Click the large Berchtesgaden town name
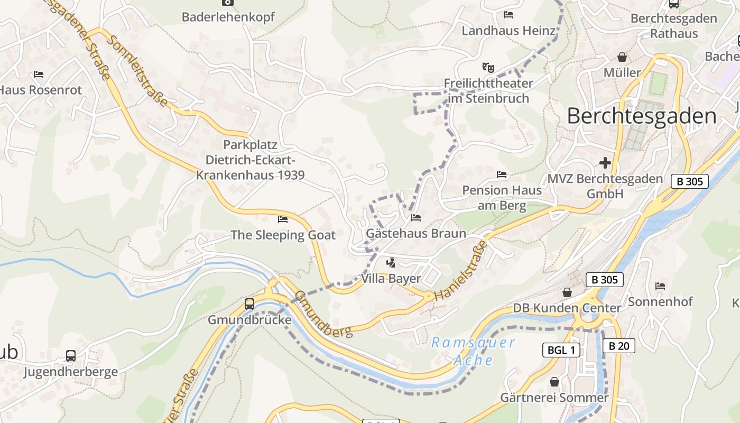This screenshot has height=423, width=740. click(x=642, y=116)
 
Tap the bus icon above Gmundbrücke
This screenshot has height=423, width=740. click(x=249, y=304)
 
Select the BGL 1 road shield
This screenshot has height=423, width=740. click(x=561, y=350)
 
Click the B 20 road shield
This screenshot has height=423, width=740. click(x=618, y=346)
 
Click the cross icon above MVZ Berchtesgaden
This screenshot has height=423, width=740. click(x=605, y=162)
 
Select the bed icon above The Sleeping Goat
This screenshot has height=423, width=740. click(x=283, y=219)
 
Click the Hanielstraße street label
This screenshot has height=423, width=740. click(x=460, y=271)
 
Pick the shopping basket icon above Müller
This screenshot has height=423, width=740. click(x=622, y=57)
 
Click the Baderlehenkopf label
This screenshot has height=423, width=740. click(x=228, y=17)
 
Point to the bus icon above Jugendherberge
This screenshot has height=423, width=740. click(x=71, y=355)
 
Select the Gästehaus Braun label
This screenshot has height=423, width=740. click(x=416, y=233)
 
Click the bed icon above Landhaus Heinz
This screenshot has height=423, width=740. click(x=508, y=15)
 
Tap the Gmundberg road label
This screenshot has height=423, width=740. click(x=323, y=314)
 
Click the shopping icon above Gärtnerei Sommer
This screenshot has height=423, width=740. click(x=554, y=381)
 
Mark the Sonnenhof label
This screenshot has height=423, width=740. click(x=660, y=301)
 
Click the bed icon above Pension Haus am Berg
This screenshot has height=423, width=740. click(x=502, y=174)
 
